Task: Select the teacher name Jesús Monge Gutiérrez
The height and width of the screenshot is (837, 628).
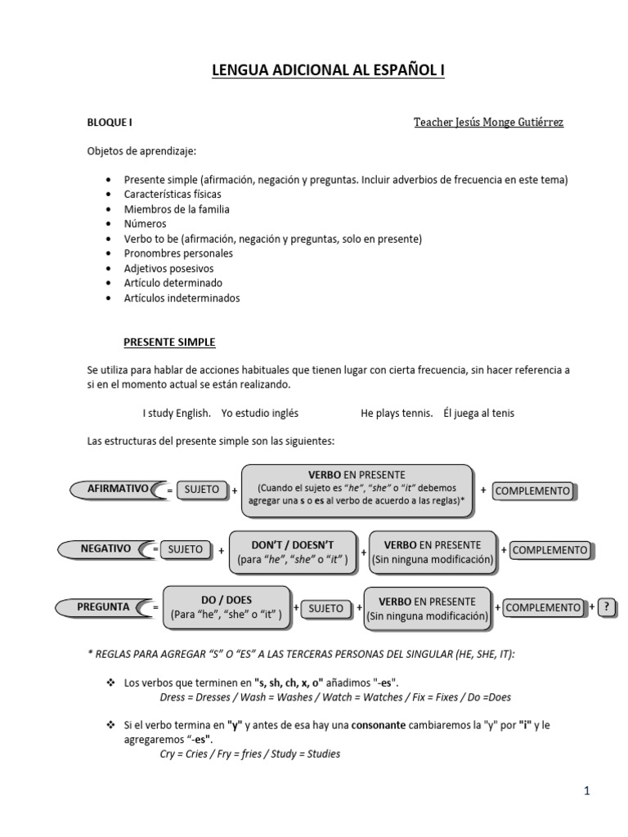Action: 488,123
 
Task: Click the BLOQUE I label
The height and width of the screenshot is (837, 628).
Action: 110,123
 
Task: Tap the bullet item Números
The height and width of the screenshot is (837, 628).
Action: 145,223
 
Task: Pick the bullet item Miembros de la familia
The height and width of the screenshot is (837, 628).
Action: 177,208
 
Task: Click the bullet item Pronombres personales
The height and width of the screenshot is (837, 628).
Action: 178,253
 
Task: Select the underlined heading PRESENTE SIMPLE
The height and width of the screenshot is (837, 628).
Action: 169,342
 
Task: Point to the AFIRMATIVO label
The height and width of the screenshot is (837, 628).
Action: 118,489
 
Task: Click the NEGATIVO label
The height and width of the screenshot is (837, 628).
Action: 105,548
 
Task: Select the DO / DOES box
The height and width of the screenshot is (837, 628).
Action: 227,607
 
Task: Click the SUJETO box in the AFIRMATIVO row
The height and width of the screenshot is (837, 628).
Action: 202,490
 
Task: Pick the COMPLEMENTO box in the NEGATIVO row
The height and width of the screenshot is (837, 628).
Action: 549,550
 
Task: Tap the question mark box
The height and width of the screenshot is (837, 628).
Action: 606,607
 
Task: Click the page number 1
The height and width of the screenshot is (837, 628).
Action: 586,790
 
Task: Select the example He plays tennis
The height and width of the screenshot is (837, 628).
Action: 397,414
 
